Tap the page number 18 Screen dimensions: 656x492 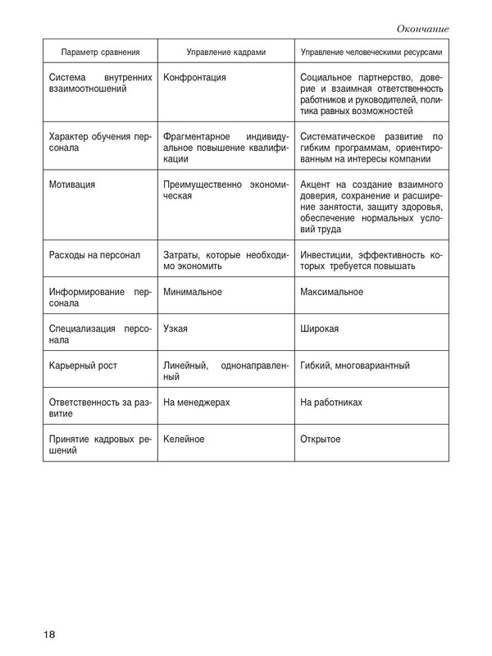50,635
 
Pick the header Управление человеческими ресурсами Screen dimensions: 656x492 372,52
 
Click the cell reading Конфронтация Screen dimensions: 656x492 195,78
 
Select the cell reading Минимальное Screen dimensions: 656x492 194,291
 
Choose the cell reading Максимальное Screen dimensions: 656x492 332,291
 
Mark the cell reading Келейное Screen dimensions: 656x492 184,440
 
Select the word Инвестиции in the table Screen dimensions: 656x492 328,254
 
